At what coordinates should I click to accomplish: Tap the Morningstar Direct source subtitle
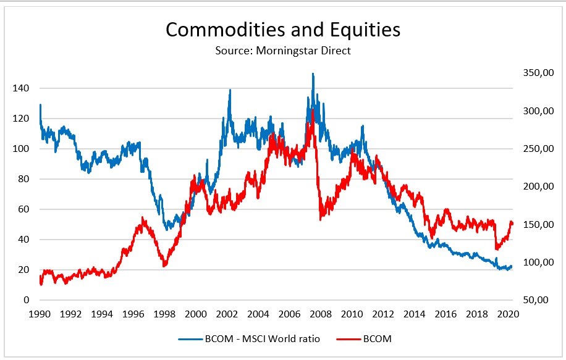click(x=283, y=51)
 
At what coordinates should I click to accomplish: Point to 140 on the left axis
click(x=21, y=88)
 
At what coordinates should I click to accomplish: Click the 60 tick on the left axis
click(x=23, y=209)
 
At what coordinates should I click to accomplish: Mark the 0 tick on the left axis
click(x=26, y=300)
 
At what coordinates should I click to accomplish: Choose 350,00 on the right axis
click(x=535, y=73)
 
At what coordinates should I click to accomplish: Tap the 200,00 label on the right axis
click(x=535, y=186)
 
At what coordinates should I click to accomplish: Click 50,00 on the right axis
click(x=536, y=300)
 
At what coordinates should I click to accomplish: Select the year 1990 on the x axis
click(x=40, y=314)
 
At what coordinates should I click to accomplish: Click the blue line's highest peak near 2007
click(x=313, y=74)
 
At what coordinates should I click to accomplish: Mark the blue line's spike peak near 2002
click(x=230, y=90)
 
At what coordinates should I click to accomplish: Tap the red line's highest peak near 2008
click(x=313, y=111)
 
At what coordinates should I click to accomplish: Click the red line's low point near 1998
click(x=164, y=266)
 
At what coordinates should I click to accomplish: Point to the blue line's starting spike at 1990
click(x=40, y=105)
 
